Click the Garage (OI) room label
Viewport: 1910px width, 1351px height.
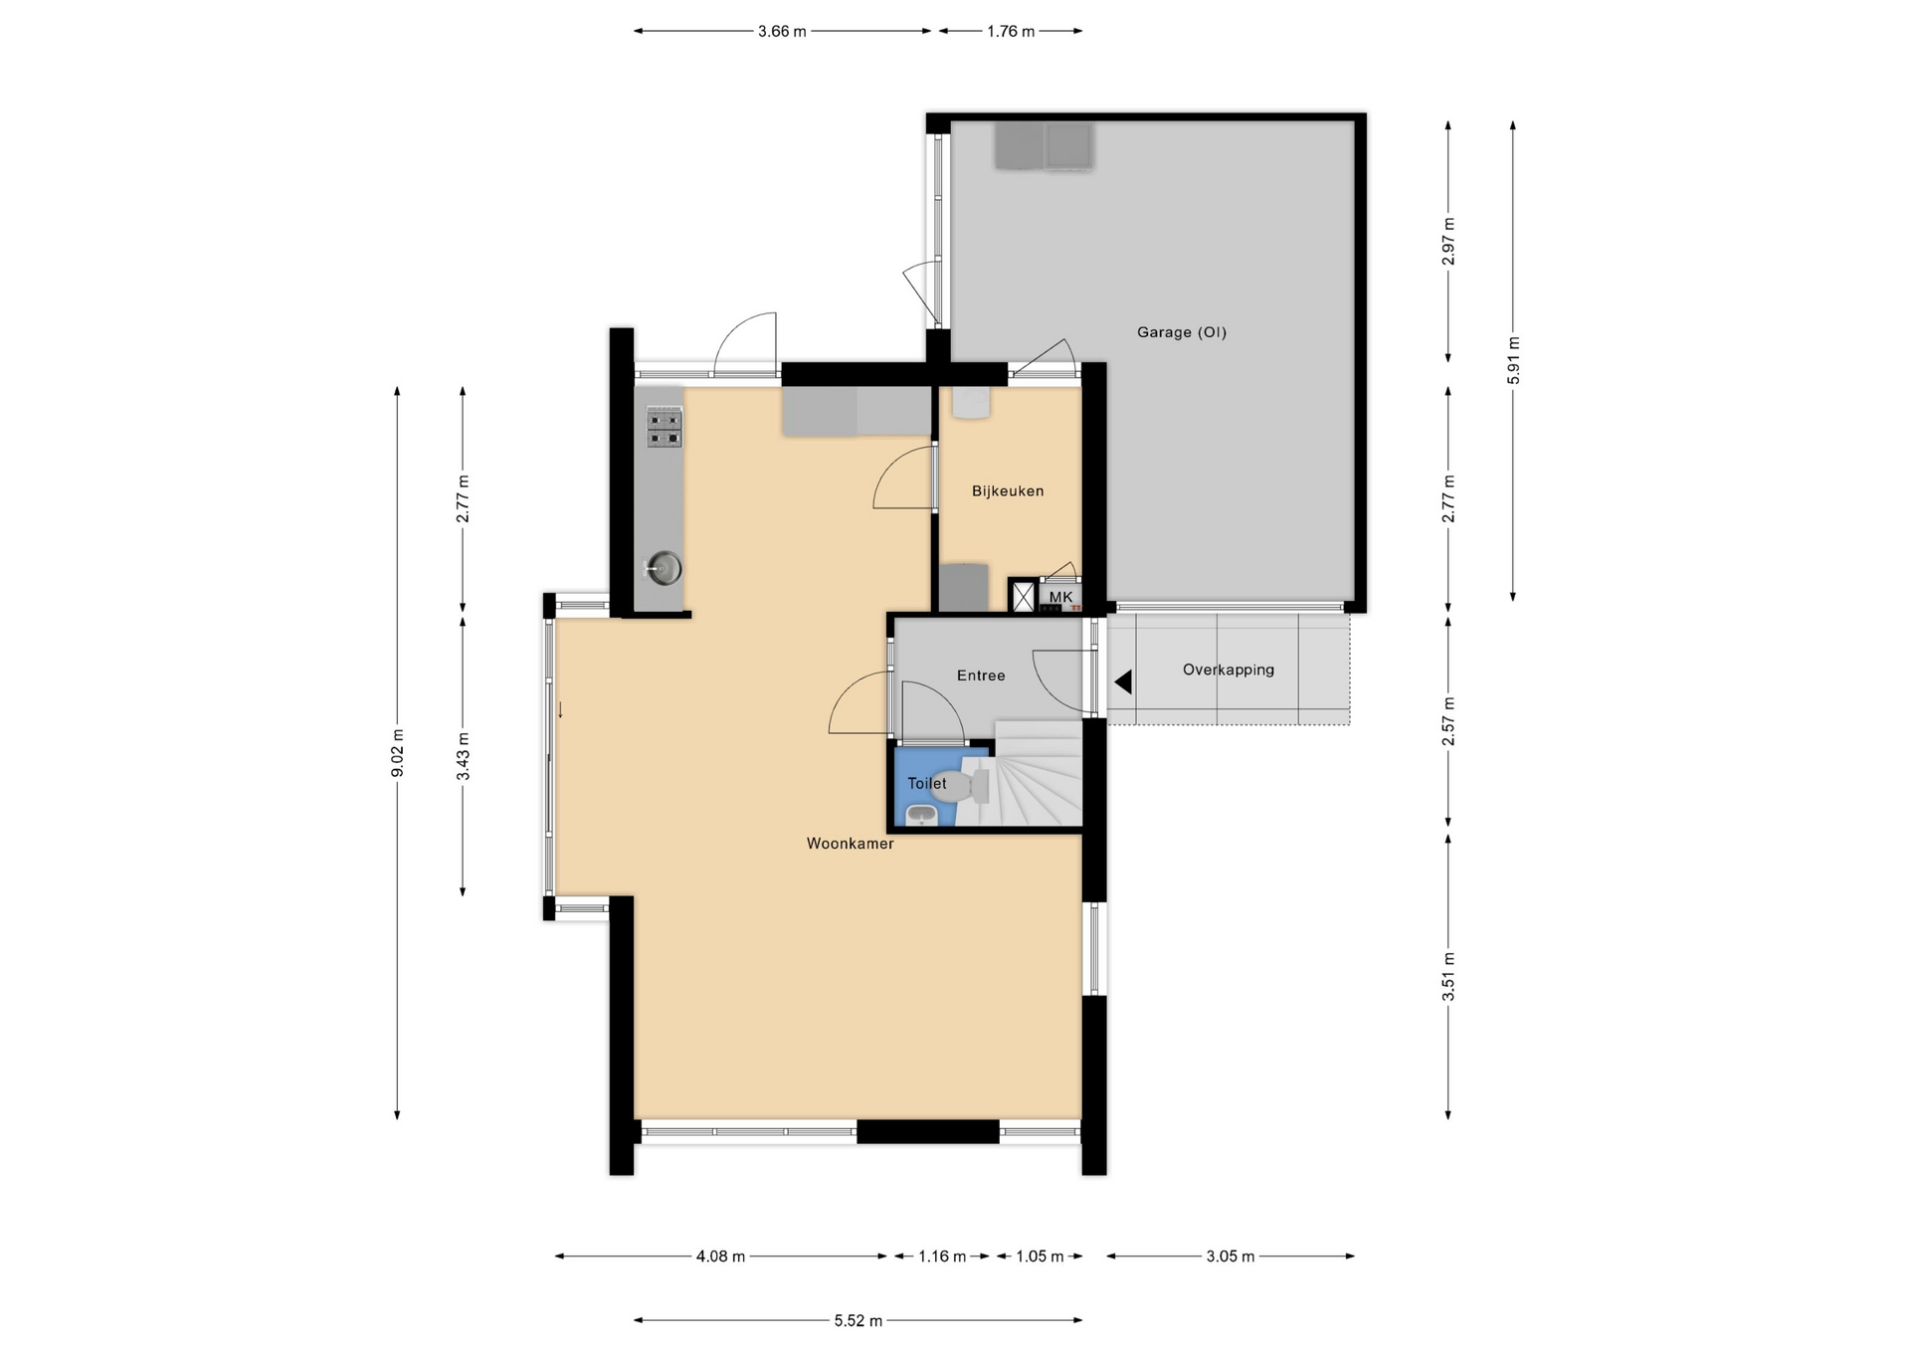[x=1181, y=332]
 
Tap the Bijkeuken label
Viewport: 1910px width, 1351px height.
[x=1008, y=490]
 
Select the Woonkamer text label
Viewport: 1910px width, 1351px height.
[x=850, y=844]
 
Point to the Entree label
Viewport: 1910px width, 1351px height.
[x=981, y=675]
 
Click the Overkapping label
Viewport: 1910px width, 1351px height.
[x=1228, y=670]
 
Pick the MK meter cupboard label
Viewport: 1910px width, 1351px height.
[x=1060, y=597]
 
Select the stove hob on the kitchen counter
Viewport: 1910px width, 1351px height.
[x=665, y=427]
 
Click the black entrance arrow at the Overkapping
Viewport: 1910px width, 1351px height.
[x=1123, y=682]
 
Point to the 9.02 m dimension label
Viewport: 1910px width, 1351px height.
[x=397, y=753]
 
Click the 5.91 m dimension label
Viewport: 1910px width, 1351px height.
[x=1513, y=360]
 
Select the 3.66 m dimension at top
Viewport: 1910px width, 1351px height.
[x=782, y=31]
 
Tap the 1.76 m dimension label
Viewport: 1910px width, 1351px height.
[x=1011, y=31]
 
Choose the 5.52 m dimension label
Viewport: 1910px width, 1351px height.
[x=858, y=1321]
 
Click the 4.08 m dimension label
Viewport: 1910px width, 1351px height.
[x=720, y=1256]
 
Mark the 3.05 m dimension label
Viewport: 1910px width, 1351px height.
[x=1231, y=1256]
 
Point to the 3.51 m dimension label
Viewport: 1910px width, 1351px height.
[x=1448, y=976]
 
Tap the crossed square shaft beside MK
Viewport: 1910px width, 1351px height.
[x=1024, y=597]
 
